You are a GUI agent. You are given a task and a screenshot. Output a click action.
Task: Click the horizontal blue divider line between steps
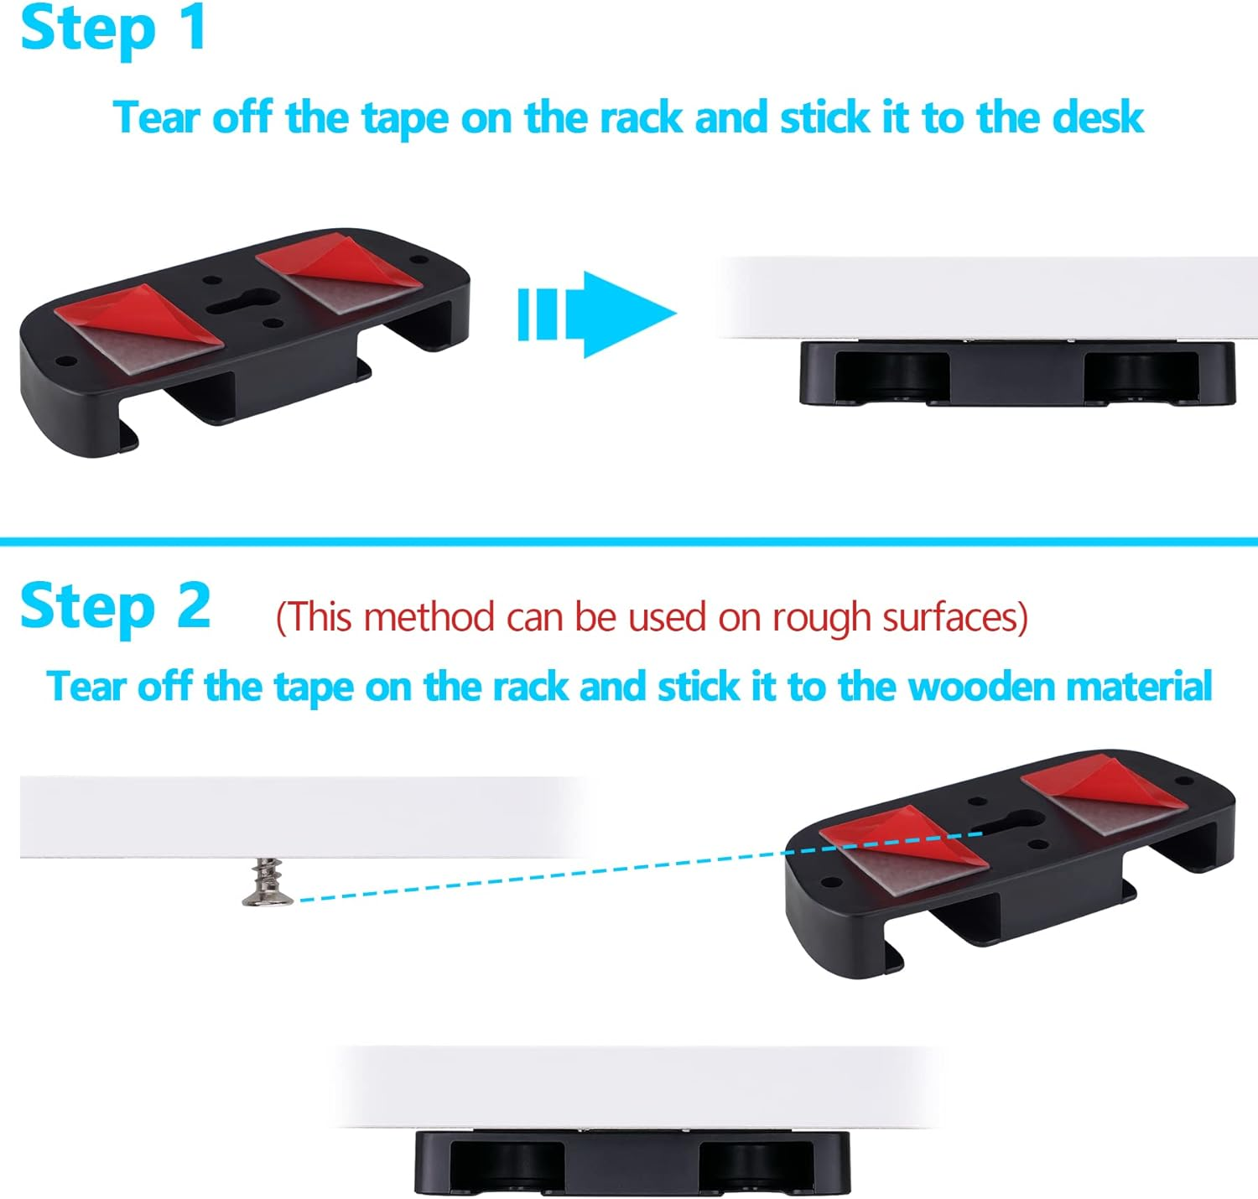click(629, 542)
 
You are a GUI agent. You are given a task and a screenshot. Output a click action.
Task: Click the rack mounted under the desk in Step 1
click(1016, 374)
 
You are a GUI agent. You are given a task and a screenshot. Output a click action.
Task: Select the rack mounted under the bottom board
click(632, 1162)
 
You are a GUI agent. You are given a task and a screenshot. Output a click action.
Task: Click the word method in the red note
click(428, 618)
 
